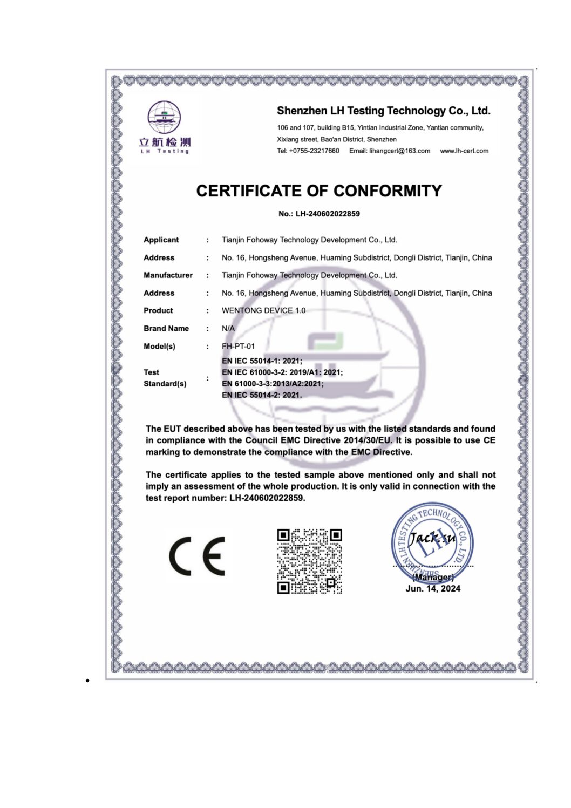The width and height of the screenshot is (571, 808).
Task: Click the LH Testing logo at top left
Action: [x=165, y=127]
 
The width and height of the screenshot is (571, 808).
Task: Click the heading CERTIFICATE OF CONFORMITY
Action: [x=319, y=191]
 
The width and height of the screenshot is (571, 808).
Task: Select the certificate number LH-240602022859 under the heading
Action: [x=328, y=214]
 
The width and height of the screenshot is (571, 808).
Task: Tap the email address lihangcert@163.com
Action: [x=399, y=151]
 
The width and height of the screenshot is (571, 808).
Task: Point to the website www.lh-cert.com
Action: [x=464, y=151]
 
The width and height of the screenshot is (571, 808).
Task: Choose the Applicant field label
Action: [x=161, y=240]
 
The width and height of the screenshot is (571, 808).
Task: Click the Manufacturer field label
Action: [x=168, y=275]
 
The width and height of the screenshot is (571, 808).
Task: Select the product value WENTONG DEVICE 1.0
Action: [x=263, y=311]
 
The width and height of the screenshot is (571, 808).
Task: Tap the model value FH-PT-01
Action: [x=238, y=347]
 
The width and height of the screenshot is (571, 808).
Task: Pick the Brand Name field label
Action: [x=166, y=329]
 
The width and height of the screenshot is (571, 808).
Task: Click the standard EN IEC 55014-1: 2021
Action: [x=262, y=361]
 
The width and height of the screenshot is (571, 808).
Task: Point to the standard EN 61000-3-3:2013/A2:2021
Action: [x=273, y=384]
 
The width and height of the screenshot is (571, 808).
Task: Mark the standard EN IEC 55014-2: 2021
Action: [x=262, y=395]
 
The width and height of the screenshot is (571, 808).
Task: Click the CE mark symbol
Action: [x=197, y=556]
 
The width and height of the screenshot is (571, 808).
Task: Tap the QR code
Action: [x=310, y=561]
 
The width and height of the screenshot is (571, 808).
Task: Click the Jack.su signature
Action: [x=432, y=538]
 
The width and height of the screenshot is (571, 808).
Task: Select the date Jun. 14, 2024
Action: [x=433, y=589]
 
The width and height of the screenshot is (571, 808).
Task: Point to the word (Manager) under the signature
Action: [x=433, y=577]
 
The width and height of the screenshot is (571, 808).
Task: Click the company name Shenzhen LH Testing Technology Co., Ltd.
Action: [x=383, y=111]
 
